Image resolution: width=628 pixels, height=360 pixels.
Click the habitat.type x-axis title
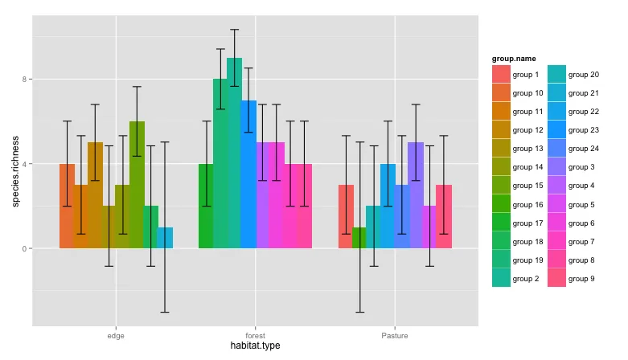(x=255, y=346)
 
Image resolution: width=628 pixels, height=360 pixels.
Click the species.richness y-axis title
(x=16, y=171)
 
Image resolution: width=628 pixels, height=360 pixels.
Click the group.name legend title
(x=514, y=59)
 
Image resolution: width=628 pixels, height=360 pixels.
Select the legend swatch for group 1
(x=501, y=75)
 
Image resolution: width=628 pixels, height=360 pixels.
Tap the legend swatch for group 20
(x=556, y=75)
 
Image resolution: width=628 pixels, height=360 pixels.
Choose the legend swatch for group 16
(x=501, y=205)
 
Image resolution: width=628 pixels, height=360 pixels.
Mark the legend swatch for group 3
(x=556, y=168)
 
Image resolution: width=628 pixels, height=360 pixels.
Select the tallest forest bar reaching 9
(x=234, y=153)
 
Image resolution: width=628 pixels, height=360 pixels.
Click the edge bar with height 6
(x=137, y=185)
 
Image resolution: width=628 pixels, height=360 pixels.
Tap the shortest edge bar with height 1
(x=165, y=238)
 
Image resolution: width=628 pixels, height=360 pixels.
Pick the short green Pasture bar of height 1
(x=359, y=238)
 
